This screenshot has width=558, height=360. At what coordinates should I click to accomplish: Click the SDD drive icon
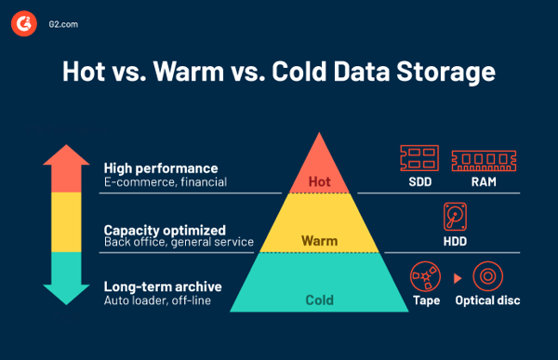click(418, 158)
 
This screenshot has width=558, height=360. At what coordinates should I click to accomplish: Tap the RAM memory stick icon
click(483, 158)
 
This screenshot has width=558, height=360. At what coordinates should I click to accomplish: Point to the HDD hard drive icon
click(455, 217)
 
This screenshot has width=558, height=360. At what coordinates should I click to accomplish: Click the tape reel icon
click(426, 276)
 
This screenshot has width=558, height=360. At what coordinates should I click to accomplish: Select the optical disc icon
click(487, 276)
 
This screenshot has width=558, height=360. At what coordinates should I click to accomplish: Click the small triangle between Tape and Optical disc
click(457, 277)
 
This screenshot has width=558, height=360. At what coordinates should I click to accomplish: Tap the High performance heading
click(160, 168)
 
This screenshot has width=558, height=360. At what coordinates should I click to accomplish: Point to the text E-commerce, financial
click(165, 182)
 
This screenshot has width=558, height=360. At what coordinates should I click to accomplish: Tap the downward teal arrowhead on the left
click(66, 295)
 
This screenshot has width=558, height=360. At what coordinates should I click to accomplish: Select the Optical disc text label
click(487, 300)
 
